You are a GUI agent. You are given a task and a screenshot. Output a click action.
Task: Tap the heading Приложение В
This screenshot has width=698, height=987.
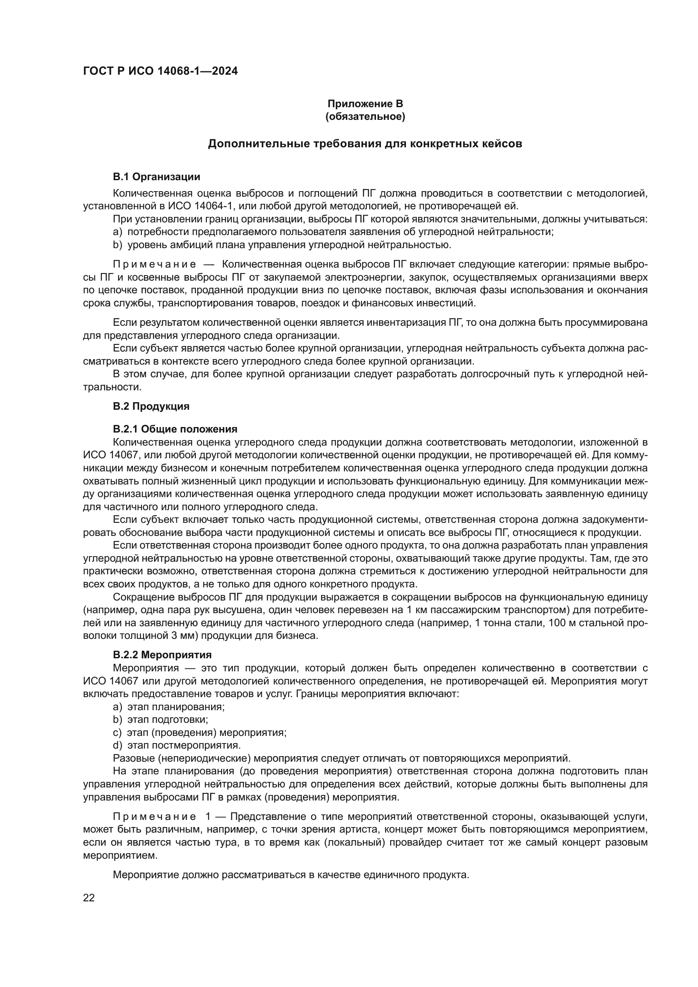365,104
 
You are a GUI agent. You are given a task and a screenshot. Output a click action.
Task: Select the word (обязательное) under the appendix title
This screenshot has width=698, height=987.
365,116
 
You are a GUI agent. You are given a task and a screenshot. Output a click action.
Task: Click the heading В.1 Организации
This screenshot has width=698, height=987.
157,177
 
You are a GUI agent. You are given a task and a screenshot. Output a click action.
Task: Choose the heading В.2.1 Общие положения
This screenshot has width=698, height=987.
175,429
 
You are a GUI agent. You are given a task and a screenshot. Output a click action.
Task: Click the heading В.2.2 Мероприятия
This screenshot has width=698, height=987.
162,655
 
